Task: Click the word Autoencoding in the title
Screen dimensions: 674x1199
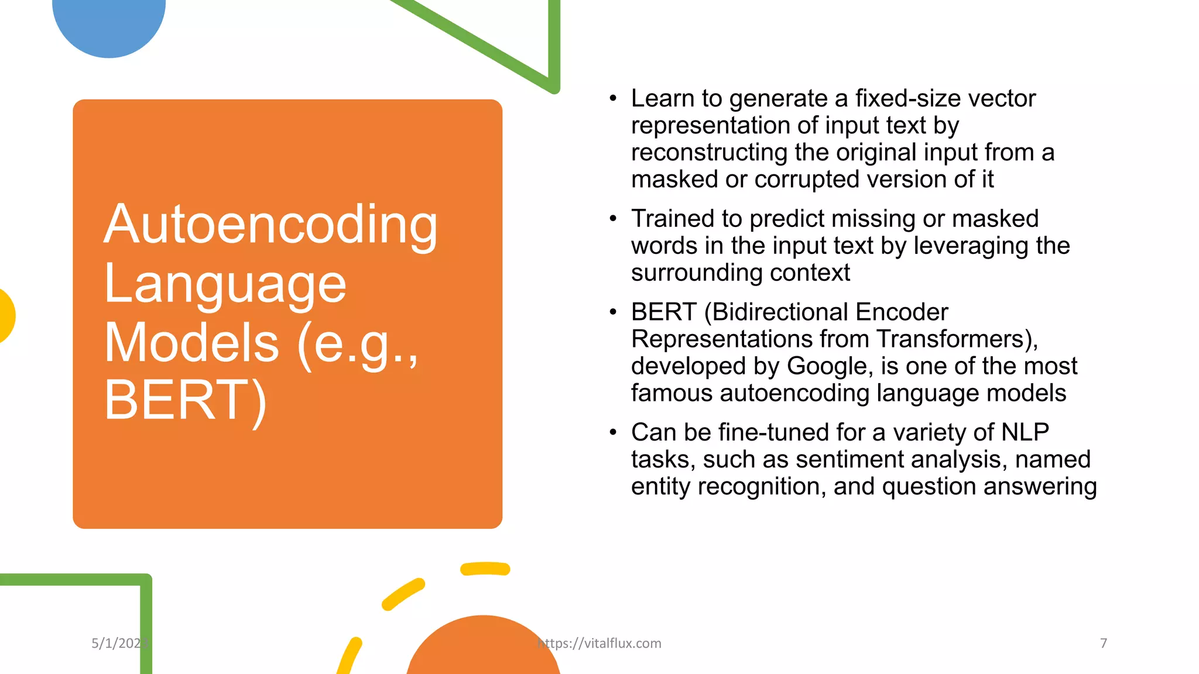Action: (x=270, y=225)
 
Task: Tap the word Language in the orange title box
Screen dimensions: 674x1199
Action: (x=225, y=284)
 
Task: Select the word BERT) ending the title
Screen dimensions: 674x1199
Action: (x=186, y=400)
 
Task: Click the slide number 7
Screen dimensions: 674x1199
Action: (x=1103, y=644)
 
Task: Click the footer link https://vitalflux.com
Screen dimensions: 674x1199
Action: (x=599, y=644)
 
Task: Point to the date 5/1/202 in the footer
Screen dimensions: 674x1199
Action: (x=117, y=644)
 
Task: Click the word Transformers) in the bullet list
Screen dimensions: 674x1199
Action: (x=957, y=339)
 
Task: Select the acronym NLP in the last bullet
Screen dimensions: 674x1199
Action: (x=1025, y=432)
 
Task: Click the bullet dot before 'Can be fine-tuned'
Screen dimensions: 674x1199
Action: (x=613, y=432)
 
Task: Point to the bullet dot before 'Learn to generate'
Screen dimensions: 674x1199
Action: (x=613, y=98)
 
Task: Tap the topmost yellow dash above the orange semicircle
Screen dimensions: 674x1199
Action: (x=485, y=569)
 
